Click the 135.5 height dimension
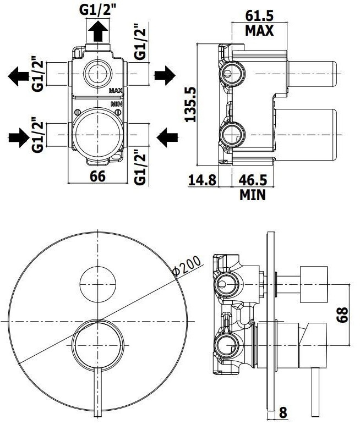coord(190,104)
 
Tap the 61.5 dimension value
coord(259,16)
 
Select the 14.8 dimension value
coord(203,180)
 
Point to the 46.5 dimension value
coord(253,180)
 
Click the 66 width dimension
coord(97,176)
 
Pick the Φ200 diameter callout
coord(187,266)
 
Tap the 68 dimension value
coord(342,315)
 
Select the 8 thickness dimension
coord(283,420)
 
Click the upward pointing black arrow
coord(98,31)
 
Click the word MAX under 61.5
coord(259,30)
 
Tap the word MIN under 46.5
coord(253,195)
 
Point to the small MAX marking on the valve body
coord(116,91)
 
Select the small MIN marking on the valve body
coord(117,104)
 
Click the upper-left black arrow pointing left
coord(18,76)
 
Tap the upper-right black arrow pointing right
coord(165,75)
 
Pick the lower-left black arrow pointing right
coord(19,137)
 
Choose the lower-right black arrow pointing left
coord(167,137)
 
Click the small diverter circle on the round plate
coord(98,284)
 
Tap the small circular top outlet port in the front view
coord(98,74)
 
